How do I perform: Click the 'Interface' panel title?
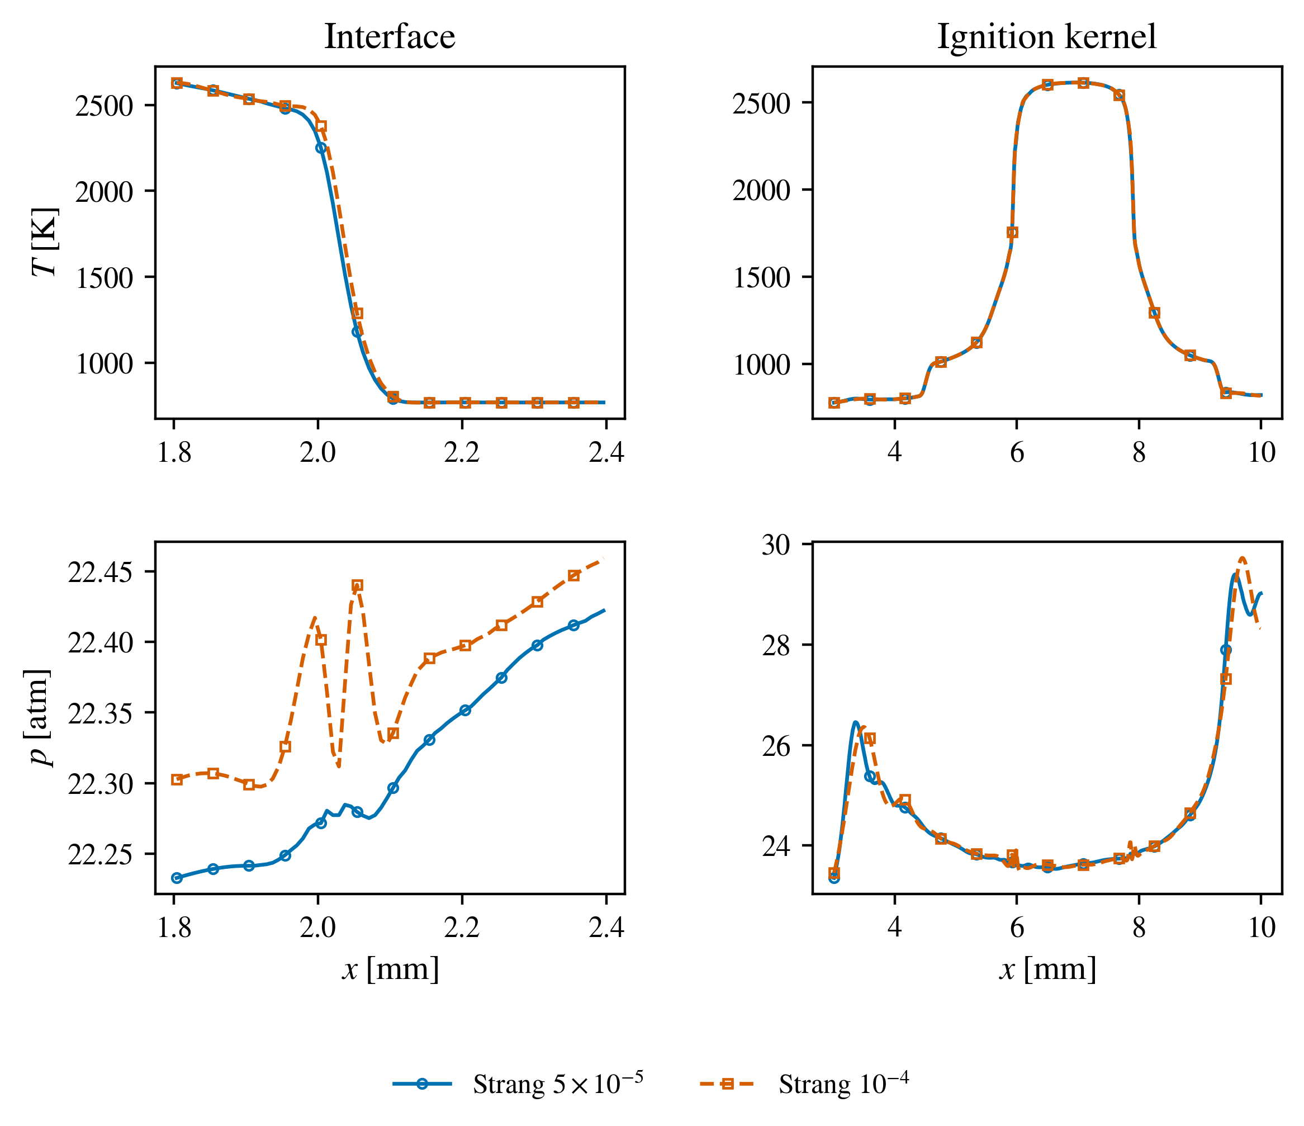point(390,36)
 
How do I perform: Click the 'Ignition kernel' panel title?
point(1046,36)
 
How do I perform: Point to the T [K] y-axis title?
point(45,242)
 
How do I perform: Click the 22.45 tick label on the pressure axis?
point(101,571)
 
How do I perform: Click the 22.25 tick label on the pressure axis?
point(101,854)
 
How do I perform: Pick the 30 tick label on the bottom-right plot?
point(776,545)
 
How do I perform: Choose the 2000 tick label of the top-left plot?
point(105,191)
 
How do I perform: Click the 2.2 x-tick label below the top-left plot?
point(462,452)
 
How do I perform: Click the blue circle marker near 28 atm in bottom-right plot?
point(1225,650)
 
